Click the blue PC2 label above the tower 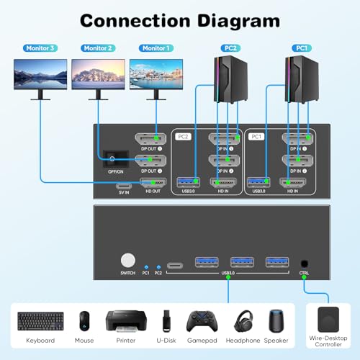click(x=230, y=48)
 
